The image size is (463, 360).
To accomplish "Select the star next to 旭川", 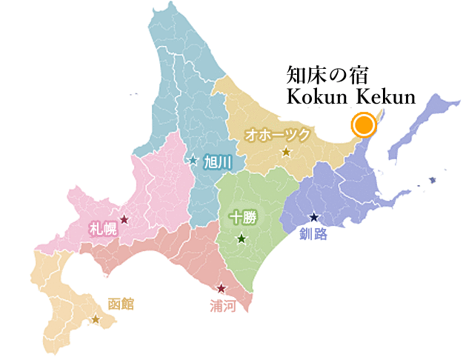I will pos(193,159).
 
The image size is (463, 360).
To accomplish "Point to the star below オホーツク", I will pos(286,153).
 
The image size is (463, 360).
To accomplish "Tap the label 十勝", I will pos(241,218).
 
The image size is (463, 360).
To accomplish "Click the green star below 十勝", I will pos(242,239).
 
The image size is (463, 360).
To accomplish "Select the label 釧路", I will pos(313,235).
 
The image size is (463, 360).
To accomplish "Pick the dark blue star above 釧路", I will pos(314,218).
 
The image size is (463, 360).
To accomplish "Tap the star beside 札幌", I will pos(124,219).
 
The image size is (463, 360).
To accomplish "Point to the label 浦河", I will pos(222,304).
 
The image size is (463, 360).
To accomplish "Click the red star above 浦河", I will pos(221,288).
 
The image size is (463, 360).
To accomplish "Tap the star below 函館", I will pos(96,319).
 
